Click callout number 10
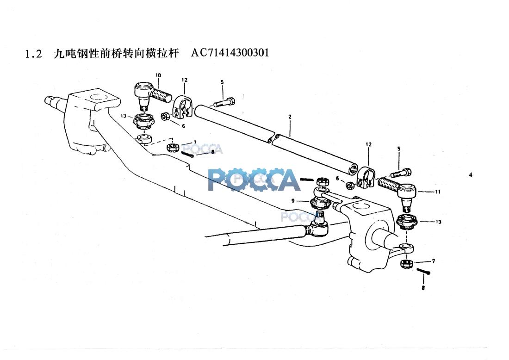(x=158, y=75)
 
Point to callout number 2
(x=290, y=117)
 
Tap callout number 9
(x=293, y=201)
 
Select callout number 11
(x=438, y=192)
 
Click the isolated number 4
(x=471, y=175)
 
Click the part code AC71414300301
(x=230, y=53)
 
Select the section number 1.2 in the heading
(x=33, y=54)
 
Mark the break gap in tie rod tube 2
(x=273, y=137)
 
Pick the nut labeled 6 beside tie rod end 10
(x=165, y=116)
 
